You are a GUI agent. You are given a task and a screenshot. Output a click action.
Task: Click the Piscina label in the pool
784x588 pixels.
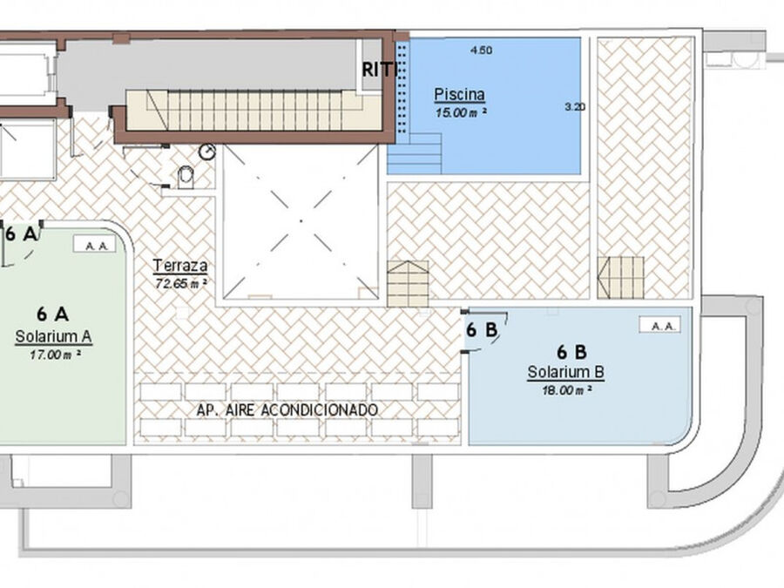tap(459, 94)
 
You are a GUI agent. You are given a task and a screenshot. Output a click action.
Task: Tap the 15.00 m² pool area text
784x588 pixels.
tap(461, 112)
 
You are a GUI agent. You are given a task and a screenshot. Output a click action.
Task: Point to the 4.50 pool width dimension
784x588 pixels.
tap(482, 50)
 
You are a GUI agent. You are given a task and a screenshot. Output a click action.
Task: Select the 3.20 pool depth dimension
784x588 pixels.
tap(575, 106)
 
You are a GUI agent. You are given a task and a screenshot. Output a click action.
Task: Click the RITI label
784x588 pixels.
tap(380, 70)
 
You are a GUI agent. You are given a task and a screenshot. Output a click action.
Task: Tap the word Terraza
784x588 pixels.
tap(180, 266)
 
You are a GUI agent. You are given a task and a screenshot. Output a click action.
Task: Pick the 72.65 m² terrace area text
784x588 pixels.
tap(181, 283)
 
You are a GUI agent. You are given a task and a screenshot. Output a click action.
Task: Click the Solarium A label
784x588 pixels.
tap(53, 336)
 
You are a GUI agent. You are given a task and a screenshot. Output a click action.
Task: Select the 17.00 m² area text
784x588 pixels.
tap(55, 355)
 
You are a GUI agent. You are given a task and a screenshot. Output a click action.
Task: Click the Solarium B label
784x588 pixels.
tap(566, 372)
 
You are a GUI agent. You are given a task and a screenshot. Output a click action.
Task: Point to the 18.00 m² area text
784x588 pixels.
tap(567, 390)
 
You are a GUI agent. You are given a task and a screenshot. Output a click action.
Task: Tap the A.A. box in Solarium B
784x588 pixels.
tap(659, 325)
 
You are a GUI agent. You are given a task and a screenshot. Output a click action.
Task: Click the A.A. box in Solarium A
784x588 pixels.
tap(94, 244)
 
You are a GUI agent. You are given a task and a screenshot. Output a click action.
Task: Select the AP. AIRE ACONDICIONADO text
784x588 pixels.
tap(287, 410)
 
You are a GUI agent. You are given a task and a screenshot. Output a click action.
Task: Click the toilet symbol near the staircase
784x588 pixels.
tap(186, 178)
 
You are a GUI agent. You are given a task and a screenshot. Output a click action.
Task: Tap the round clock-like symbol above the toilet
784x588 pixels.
tap(207, 152)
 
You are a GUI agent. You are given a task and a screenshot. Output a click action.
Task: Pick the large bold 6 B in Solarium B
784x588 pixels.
tap(571, 352)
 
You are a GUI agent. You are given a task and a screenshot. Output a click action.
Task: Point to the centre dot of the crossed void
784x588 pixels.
tap(301, 220)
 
